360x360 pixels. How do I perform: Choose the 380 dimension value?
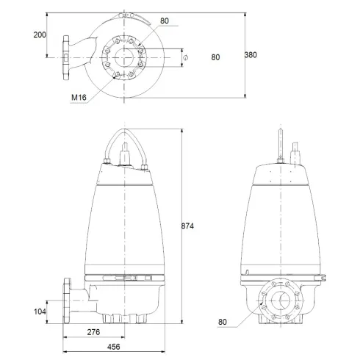pos(251,55)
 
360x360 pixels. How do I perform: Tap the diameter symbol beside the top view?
pos(186,57)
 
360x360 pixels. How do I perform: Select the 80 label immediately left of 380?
pos(215,56)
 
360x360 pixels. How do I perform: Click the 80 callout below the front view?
pos(224,322)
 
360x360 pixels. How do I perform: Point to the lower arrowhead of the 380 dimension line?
pos(245,96)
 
